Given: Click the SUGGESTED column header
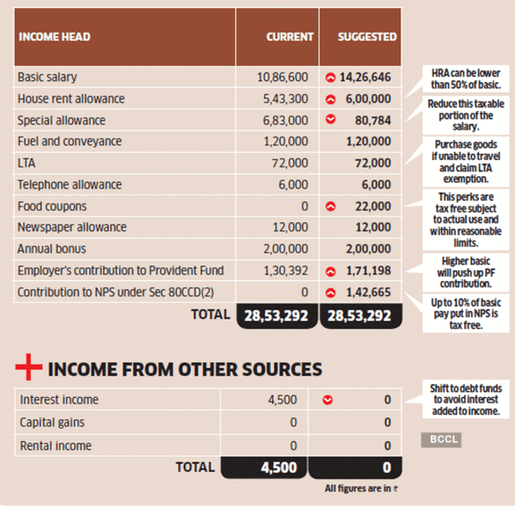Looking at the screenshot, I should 366,37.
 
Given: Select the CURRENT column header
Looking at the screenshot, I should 289,37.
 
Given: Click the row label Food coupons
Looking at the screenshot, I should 51,207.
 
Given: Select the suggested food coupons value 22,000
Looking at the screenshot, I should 372,207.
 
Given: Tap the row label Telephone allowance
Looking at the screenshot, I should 68,185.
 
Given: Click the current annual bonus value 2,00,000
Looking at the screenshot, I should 283,249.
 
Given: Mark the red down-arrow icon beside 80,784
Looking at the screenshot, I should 330,120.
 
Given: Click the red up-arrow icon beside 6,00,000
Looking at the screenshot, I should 330,99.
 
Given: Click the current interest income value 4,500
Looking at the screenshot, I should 283,400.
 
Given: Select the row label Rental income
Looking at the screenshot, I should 56,446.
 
